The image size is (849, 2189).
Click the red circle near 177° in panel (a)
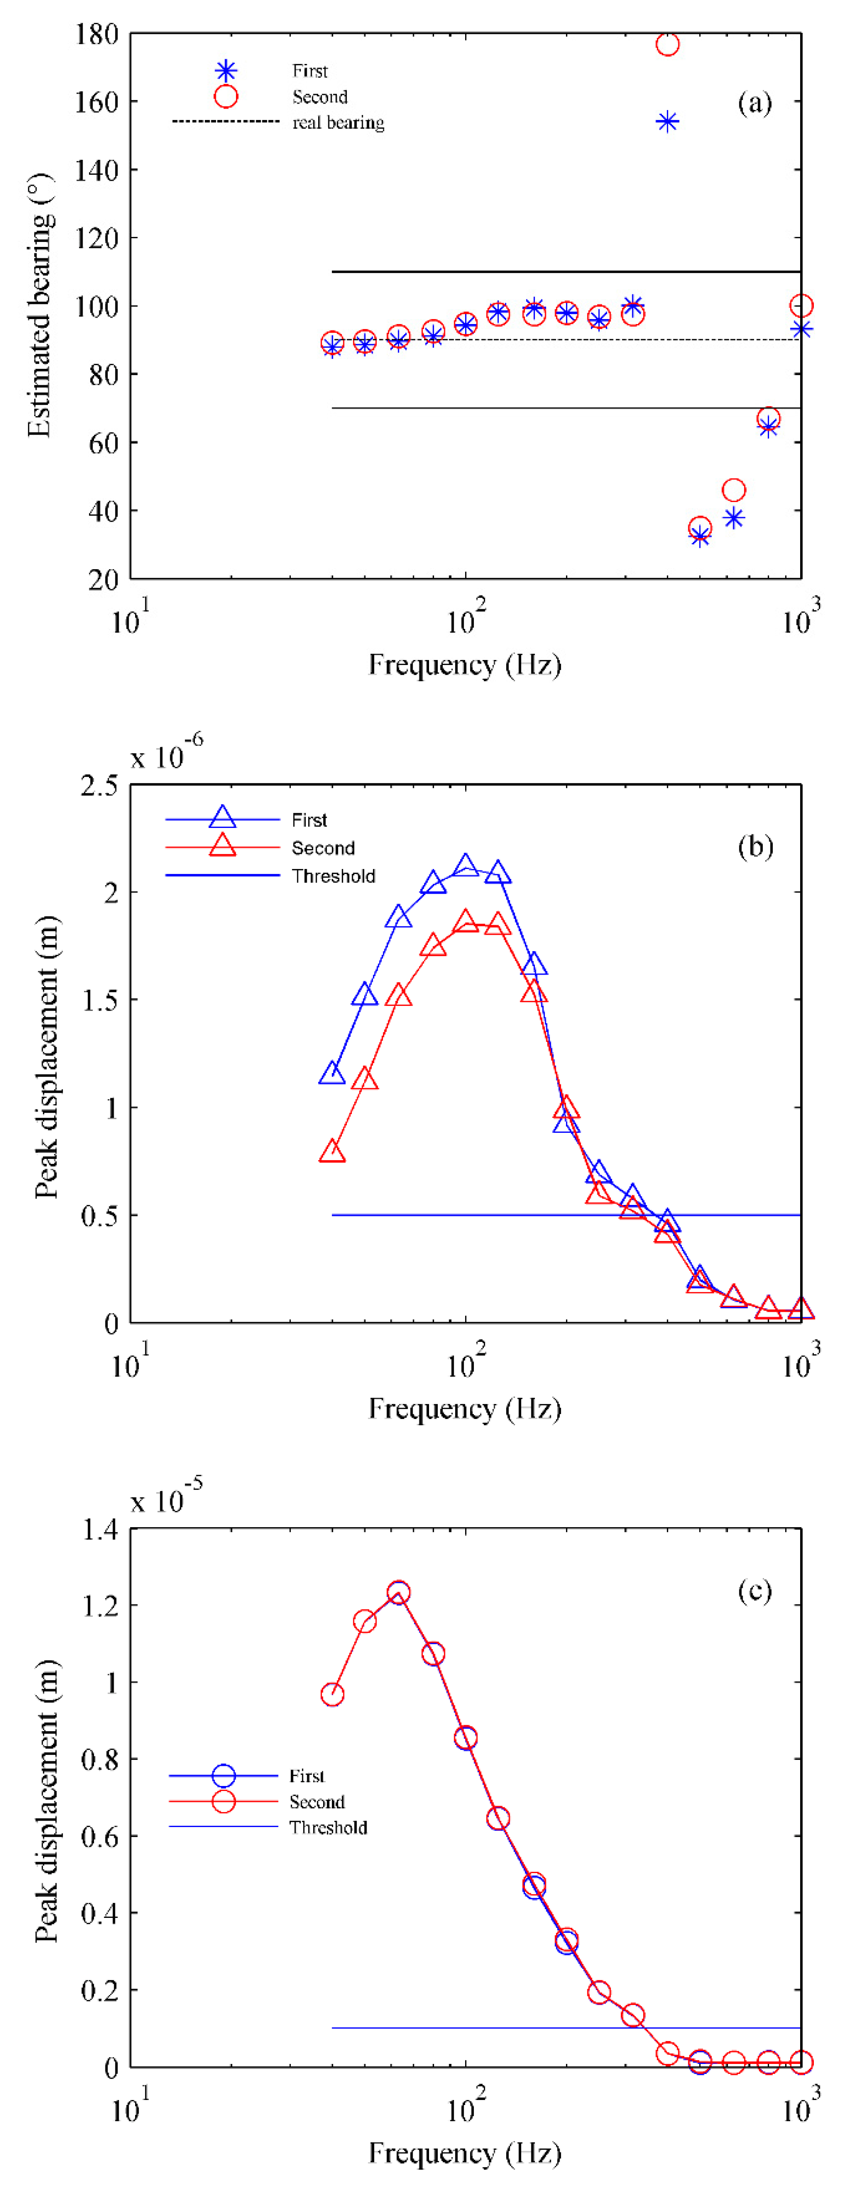tap(667, 44)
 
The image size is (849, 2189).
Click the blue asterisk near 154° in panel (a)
tap(667, 121)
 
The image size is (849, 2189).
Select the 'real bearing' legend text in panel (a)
tap(338, 123)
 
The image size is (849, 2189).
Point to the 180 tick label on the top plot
tap(96, 35)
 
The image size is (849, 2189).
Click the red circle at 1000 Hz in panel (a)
tap(801, 305)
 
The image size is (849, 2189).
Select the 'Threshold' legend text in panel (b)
tap(333, 876)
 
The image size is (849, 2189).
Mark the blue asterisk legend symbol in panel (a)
tap(225, 71)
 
